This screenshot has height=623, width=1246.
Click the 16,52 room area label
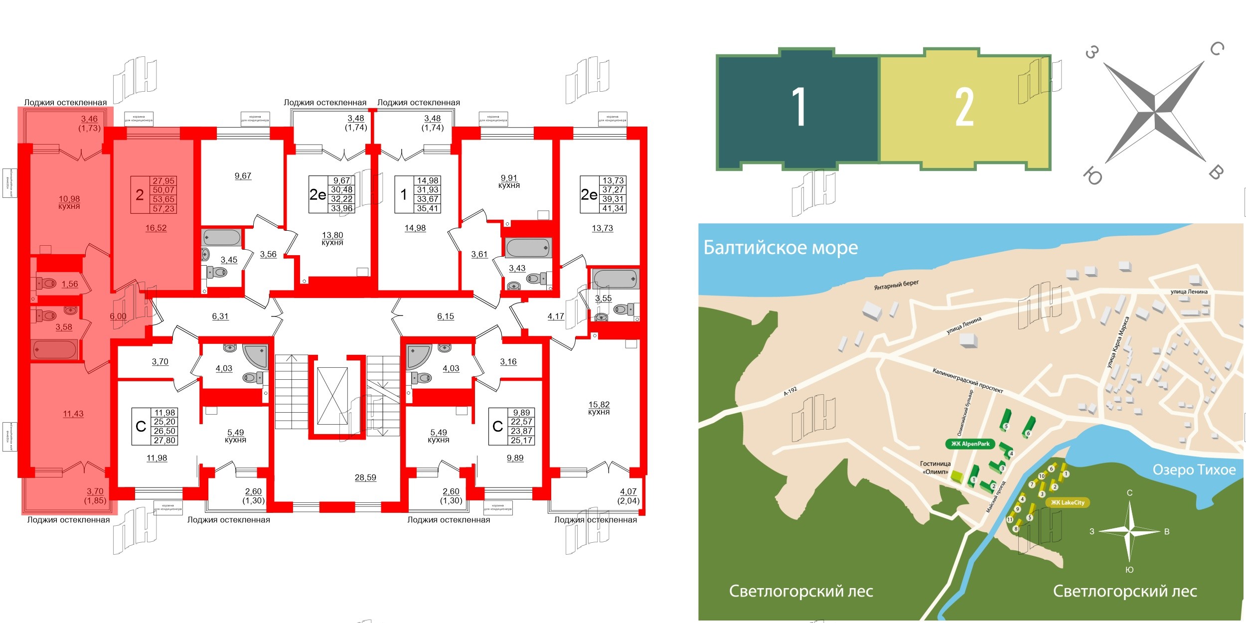156,228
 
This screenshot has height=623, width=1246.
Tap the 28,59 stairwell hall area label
365,477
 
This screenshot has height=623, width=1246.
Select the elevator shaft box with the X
332,396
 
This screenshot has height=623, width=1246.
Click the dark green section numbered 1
798,107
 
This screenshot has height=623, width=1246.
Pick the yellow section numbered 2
964,107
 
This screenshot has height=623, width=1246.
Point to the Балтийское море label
780,248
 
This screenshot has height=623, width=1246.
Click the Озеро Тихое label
1194,469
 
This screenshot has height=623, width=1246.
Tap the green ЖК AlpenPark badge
970,444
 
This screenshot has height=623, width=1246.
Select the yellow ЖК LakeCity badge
1067,502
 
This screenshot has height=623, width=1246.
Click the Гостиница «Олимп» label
935,467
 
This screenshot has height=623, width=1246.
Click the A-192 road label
790,391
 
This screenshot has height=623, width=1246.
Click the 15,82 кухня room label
599,408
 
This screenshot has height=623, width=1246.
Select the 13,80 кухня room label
332,238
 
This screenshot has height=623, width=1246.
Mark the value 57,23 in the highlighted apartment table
163,209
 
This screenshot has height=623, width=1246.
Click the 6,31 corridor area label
220,316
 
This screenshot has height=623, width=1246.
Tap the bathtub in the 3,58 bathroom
54,349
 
